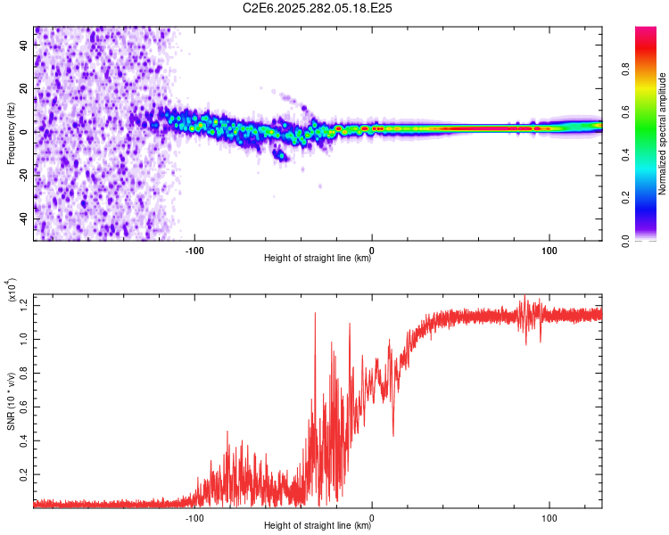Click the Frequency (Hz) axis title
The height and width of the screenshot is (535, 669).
coord(11,133)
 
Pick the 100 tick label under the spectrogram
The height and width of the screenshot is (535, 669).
coord(549,250)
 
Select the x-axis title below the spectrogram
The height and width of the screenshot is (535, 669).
coord(318,259)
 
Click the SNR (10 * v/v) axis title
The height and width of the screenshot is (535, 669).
coord(11,401)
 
